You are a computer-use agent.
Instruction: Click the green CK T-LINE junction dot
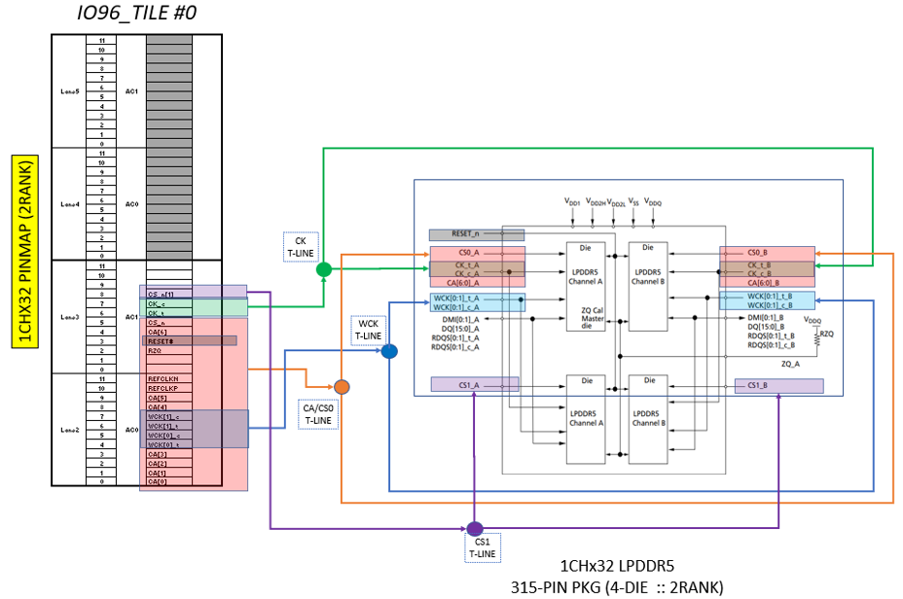[324, 268]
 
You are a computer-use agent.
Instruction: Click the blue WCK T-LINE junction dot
[389, 351]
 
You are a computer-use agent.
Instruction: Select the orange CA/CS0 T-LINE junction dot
[343, 386]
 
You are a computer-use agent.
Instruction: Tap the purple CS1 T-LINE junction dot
[475, 529]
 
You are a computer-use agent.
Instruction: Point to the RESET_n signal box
[477, 234]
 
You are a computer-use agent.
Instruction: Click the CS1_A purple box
[475, 385]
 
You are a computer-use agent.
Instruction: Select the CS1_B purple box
[778, 386]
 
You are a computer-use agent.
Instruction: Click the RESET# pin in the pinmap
[190, 341]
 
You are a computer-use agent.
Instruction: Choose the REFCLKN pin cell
[163, 378]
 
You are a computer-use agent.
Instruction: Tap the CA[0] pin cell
[158, 481]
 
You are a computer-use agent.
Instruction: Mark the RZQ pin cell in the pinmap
[155, 351]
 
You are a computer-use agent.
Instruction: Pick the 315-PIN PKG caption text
[618, 586]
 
